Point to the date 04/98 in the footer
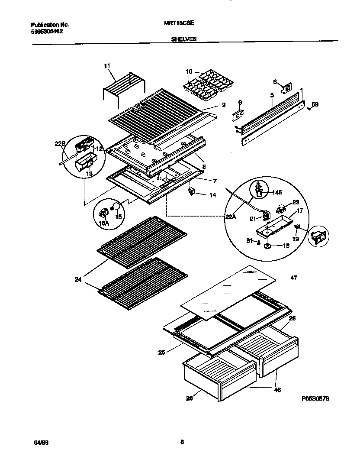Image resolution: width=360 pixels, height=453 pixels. (39, 442)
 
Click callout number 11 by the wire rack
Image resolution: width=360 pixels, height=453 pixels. (107, 65)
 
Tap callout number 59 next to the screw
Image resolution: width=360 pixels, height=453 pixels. (315, 104)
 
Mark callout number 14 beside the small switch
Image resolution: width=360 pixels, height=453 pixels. (212, 195)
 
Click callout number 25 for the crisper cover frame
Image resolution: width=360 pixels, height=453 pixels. (161, 352)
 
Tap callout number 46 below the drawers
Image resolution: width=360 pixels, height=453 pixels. (277, 389)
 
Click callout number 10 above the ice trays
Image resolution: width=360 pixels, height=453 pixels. (189, 71)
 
